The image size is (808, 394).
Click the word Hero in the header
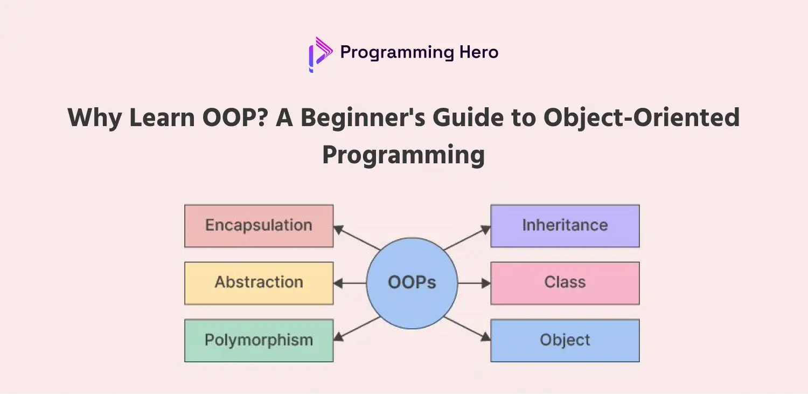click(x=478, y=52)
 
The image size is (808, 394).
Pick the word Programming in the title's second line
click(x=403, y=155)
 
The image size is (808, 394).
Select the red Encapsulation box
click(x=259, y=226)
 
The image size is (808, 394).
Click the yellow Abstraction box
click(x=259, y=283)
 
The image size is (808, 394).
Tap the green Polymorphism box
click(x=259, y=340)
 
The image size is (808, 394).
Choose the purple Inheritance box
click(x=565, y=226)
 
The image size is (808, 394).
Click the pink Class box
click(x=565, y=283)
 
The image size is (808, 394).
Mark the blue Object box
click(x=565, y=340)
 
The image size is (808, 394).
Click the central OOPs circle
click(x=412, y=283)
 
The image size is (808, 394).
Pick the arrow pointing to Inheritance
click(x=466, y=238)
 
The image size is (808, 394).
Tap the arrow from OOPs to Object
click(x=466, y=328)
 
